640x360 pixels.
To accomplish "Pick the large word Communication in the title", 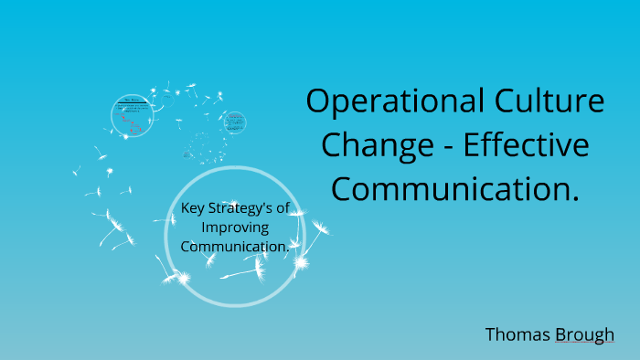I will pos(450,189).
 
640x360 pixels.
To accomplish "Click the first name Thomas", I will pos(517,334).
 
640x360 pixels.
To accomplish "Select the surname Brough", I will pos(584,335).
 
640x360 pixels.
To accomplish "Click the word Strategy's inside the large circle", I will pos(240,209).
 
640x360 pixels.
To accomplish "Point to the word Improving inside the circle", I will pos(235,227).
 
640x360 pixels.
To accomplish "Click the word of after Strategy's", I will pos(283,208).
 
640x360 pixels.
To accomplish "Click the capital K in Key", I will pos(186,208).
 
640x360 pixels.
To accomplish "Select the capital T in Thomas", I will pos(491,334).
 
